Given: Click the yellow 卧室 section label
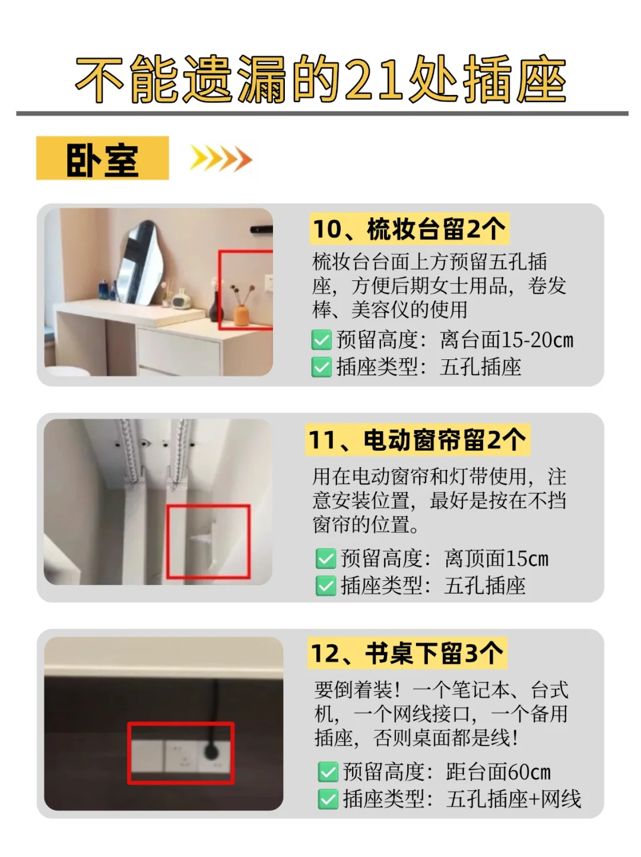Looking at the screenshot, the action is click(102, 158).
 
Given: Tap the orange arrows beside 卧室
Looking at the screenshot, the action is click(221, 159).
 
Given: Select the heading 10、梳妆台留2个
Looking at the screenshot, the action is click(410, 229).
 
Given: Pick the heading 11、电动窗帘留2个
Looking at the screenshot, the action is click(417, 439).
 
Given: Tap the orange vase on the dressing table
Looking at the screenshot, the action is click(242, 315).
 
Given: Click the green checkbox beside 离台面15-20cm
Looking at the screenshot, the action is click(322, 340).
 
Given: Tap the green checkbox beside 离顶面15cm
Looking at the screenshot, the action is click(326, 558).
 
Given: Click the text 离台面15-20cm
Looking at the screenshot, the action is click(506, 340).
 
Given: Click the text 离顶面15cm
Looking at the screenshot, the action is click(496, 558).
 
